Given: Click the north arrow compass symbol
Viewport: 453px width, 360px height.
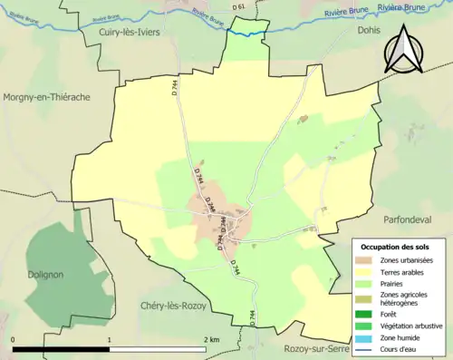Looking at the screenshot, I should [x=406, y=49].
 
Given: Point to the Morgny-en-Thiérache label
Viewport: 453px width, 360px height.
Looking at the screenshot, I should [x=53, y=98].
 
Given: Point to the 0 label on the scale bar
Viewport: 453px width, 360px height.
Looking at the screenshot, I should [x=14, y=339].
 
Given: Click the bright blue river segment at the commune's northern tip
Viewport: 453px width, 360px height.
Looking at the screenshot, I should [x=246, y=33].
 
